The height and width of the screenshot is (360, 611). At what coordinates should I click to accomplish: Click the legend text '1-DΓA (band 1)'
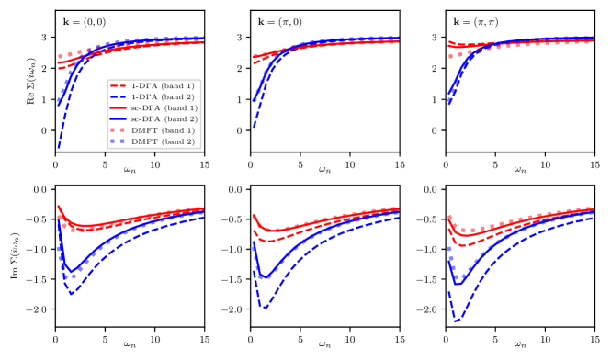click(x=162, y=85)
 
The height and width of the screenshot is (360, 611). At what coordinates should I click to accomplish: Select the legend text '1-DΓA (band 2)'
click(x=162, y=96)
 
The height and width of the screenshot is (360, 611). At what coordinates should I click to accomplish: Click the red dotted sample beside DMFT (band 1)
click(x=117, y=130)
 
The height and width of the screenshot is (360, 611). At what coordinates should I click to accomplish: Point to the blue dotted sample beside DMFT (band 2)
click(x=117, y=141)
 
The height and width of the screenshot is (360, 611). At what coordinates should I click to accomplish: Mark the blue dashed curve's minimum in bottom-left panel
click(x=71, y=292)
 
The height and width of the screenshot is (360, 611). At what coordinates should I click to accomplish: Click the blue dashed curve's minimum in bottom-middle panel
click(x=266, y=307)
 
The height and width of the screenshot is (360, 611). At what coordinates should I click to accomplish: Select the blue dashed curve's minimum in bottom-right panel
click(x=457, y=321)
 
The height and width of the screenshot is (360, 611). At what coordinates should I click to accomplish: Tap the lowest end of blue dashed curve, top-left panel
click(x=58, y=146)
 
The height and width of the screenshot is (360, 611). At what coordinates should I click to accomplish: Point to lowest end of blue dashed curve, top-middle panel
click(x=254, y=126)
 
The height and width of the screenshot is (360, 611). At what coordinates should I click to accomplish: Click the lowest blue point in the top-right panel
click(x=449, y=103)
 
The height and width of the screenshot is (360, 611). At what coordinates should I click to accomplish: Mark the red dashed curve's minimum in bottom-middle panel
click(x=266, y=241)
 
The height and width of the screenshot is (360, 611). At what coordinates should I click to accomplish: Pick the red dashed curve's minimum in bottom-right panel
click(x=459, y=246)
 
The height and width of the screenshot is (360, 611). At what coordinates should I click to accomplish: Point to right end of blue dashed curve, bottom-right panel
click(x=594, y=218)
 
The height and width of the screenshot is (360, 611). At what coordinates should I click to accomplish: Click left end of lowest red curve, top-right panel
click(x=449, y=57)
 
